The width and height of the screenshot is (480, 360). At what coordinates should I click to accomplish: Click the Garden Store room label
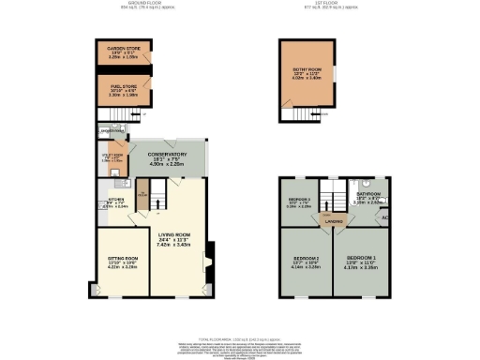coord(118,47)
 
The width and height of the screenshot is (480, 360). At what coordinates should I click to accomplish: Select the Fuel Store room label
coord(118,86)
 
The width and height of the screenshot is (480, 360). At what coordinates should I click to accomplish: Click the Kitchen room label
coord(117,199)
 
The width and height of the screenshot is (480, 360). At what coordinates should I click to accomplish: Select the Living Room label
coord(174,235)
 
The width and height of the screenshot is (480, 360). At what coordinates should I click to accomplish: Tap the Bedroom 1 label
coord(363,256)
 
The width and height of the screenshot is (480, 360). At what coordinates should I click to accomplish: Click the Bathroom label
coord(367,194)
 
